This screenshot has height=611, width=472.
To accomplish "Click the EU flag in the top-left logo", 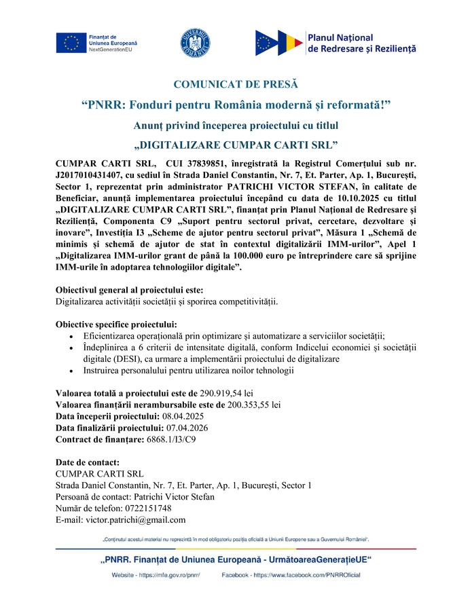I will [x=71, y=43].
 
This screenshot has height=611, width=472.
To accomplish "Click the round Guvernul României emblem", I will [x=194, y=42].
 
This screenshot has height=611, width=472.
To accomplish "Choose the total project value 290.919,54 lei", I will [x=226, y=393].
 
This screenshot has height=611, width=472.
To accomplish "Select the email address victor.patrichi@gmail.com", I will [x=135, y=520].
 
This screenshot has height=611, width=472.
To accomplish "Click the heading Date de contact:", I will [x=88, y=462].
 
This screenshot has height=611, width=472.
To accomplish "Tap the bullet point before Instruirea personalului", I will [x=73, y=371].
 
